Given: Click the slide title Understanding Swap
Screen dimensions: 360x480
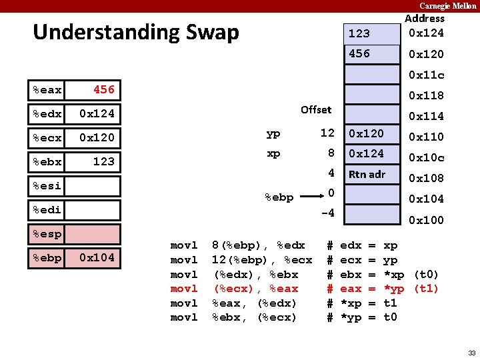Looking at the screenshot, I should pos(135,32).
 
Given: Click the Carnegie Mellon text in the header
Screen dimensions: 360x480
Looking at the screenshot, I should pos(448,6).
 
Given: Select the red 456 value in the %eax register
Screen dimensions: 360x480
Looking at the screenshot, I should pos(103,89).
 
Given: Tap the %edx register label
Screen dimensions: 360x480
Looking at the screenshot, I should pos(47,114).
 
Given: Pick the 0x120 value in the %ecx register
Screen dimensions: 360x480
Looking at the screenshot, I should pos(97,138).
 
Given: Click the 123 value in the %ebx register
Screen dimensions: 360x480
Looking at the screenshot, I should pos(103,162).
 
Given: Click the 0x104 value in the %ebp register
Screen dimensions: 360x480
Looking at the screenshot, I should pos(97,258).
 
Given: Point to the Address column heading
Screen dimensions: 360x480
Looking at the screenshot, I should pos(425,19).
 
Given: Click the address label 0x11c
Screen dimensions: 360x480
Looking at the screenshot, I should pos(426,75).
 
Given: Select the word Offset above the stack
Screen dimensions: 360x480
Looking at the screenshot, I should pos(315,109).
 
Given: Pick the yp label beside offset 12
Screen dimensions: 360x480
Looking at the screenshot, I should pos(273,133).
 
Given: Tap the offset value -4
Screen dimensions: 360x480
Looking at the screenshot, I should pos(327,214).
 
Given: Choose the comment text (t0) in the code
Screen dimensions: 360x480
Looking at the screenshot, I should pos(426,275).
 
